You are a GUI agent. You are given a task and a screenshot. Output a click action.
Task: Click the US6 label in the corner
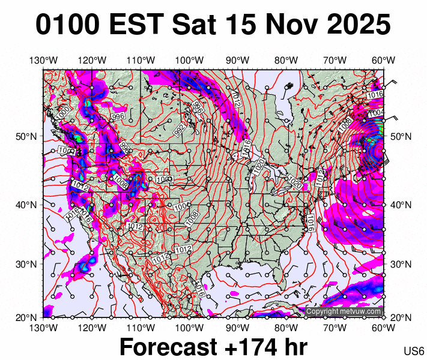click(414, 350)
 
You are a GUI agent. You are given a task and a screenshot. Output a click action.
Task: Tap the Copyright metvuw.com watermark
click(344, 311)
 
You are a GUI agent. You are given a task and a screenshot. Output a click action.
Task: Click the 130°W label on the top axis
click(43, 60)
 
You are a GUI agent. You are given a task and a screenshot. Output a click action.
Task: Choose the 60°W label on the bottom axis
click(383, 328)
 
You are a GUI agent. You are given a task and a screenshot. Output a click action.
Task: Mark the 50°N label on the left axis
click(28, 137)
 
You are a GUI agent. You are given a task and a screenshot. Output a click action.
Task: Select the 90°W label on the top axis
click(238, 60)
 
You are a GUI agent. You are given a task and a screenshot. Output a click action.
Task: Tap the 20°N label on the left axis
click(28, 317)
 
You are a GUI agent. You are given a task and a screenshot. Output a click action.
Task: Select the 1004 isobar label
click(377, 113)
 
